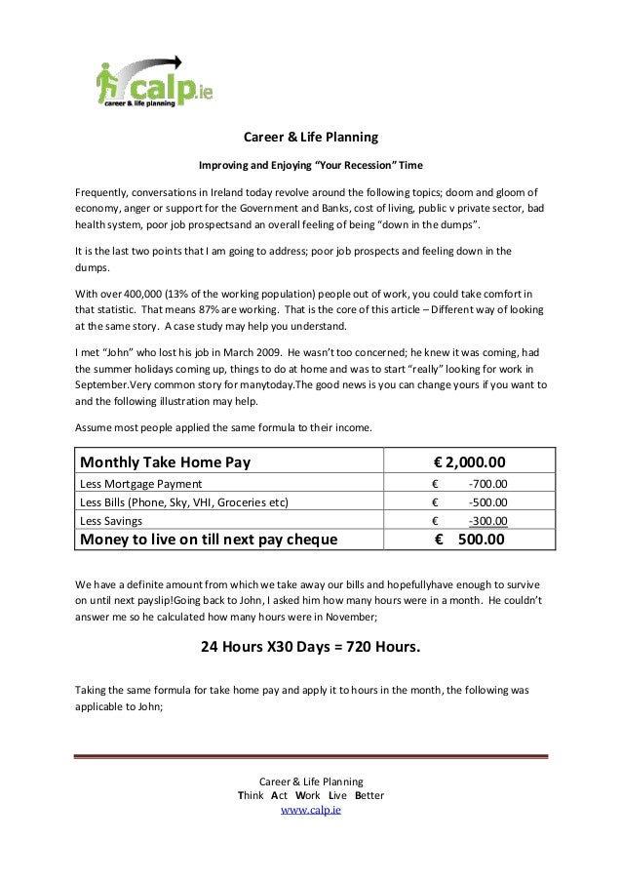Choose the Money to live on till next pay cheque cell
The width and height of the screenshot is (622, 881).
[209, 540]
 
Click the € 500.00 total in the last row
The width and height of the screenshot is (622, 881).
[470, 540]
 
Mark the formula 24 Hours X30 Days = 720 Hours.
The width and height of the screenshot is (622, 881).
[310, 645]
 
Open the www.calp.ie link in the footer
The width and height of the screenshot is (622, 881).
[310, 810]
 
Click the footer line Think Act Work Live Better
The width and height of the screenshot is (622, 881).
[310, 795]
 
